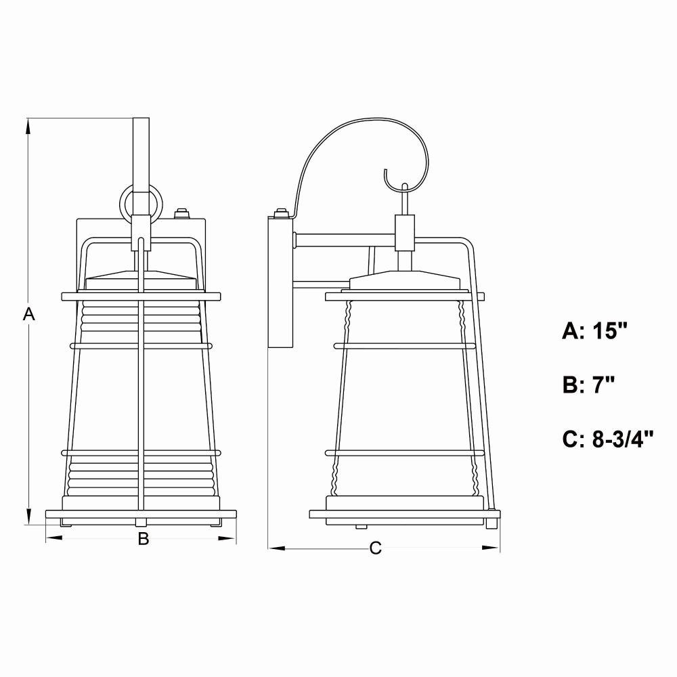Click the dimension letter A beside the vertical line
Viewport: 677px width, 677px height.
point(29,314)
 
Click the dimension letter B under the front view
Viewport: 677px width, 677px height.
point(144,538)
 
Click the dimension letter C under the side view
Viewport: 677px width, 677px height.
point(376,548)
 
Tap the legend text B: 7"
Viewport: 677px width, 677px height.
point(588,385)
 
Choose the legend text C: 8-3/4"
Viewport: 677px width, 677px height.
point(608,439)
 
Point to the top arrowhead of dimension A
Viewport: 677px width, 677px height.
point(29,126)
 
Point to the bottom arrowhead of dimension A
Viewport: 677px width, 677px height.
point(29,517)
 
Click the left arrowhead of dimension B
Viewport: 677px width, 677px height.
point(54,538)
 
